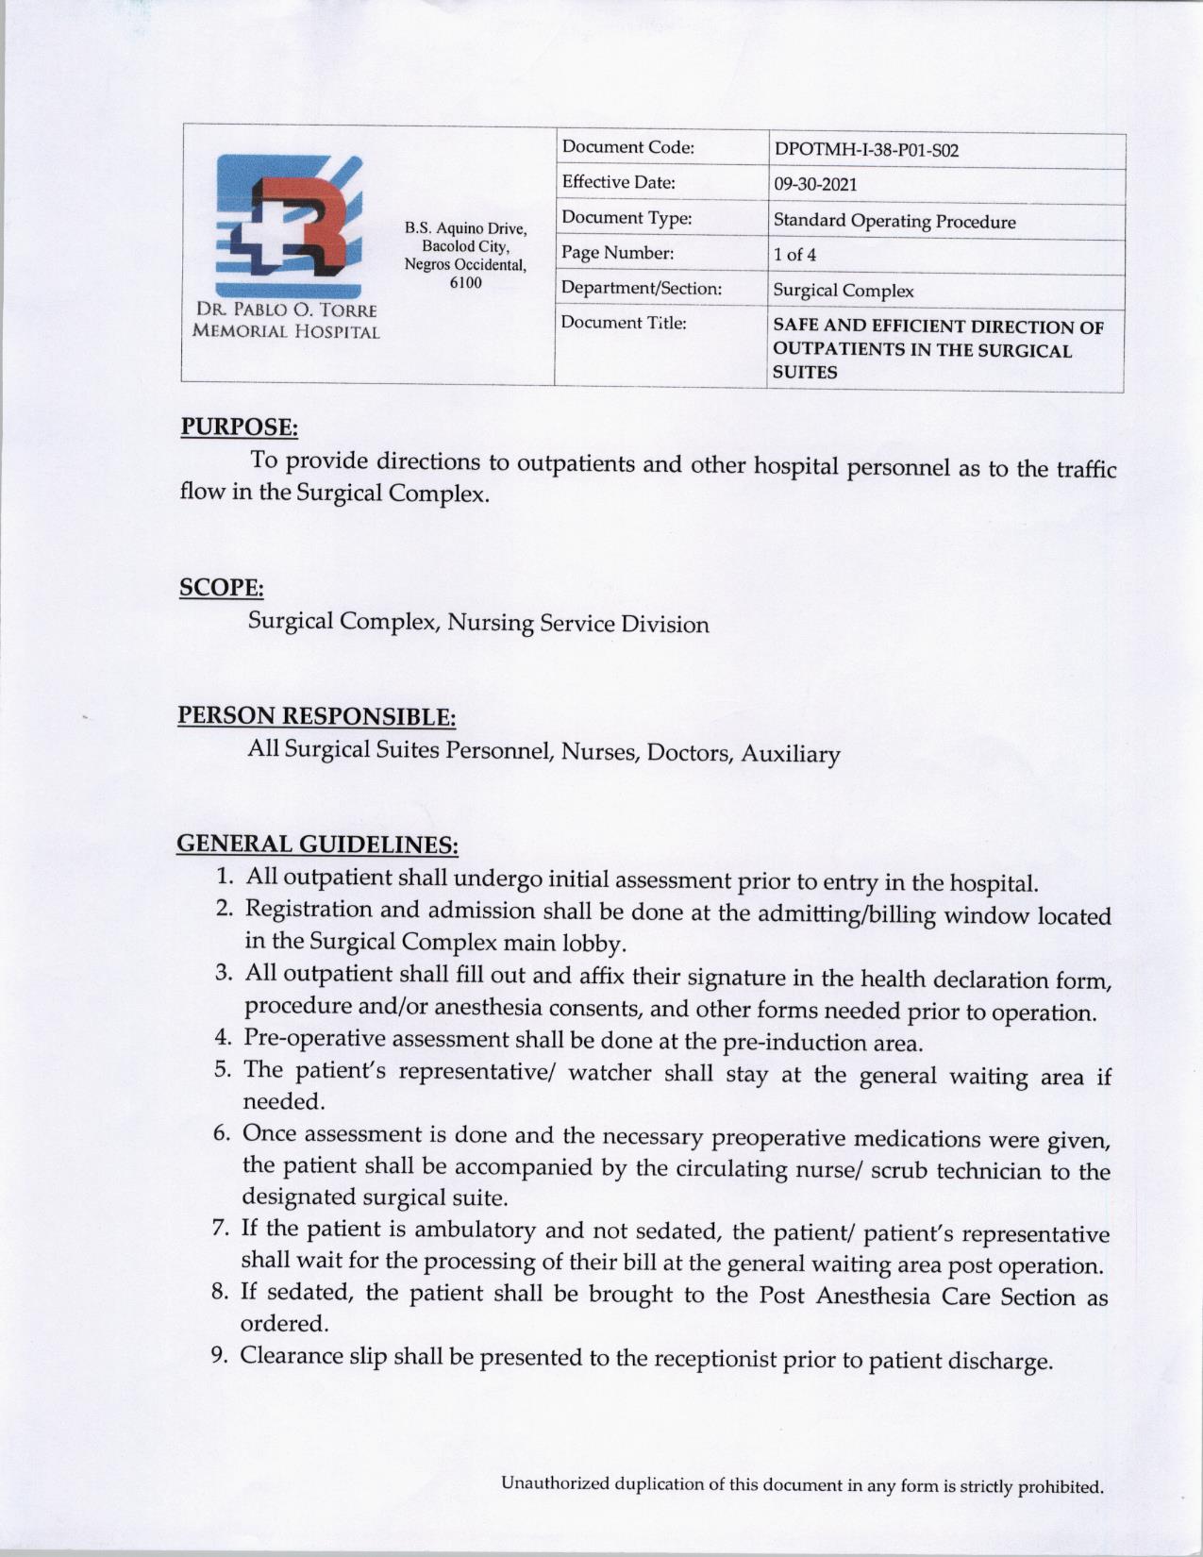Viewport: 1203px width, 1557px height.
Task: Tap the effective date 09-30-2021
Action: [x=815, y=185]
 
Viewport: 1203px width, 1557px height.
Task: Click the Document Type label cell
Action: [x=627, y=219]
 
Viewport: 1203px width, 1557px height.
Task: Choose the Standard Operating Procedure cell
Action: [x=894, y=222]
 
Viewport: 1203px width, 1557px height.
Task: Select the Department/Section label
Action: [x=642, y=288]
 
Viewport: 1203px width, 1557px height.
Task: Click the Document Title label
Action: [x=623, y=323]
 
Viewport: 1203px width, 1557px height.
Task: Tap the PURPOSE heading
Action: [x=240, y=427]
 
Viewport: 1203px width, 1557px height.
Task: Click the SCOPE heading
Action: [x=222, y=588]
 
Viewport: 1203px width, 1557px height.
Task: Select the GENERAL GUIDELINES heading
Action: [x=318, y=844]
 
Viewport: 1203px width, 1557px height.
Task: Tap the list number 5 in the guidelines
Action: [x=223, y=1070]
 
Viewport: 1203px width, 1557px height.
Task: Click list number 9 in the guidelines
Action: [x=218, y=1356]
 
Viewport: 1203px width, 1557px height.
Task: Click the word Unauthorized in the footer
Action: [x=555, y=1483]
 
